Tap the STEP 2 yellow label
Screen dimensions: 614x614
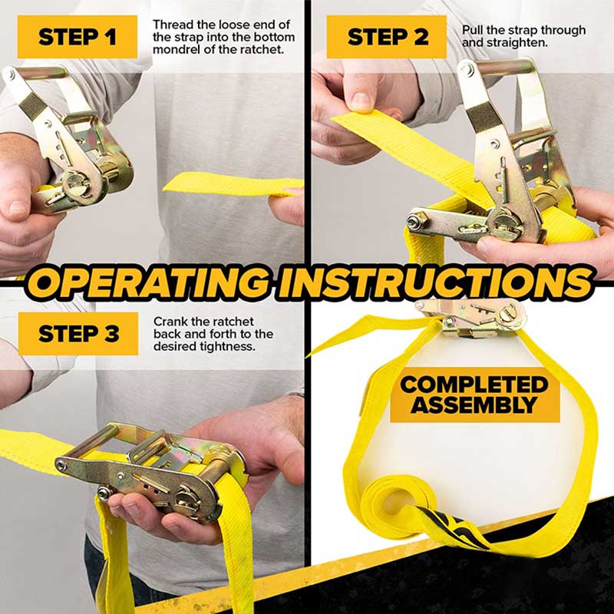[x=386, y=37]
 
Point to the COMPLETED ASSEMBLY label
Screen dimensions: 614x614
[x=474, y=394]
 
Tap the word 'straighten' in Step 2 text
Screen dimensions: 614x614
[x=517, y=43]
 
